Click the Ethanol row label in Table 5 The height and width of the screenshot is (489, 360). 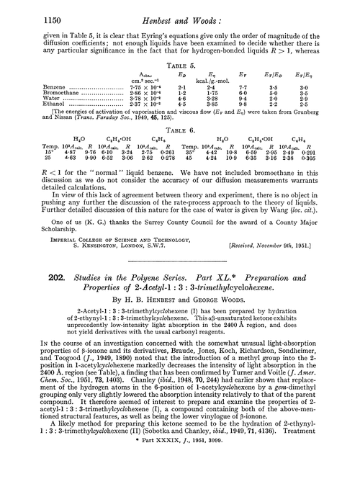pyautogui.click(x=47, y=130)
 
